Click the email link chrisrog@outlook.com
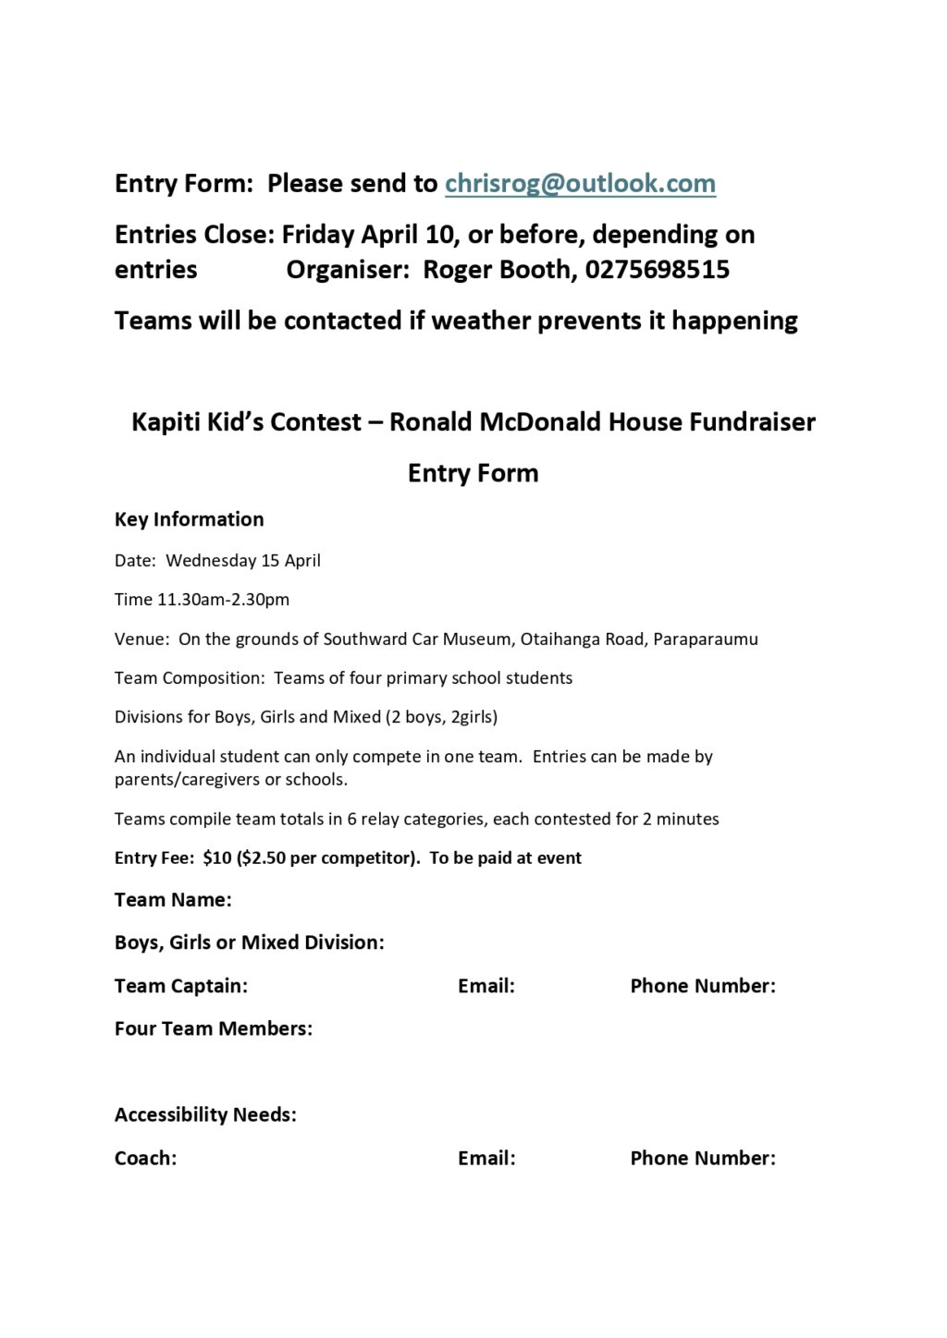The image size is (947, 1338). pos(580,184)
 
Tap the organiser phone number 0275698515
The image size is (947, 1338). pos(658,270)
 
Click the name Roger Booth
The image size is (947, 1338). pos(499,270)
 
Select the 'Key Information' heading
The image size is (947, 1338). pos(189,519)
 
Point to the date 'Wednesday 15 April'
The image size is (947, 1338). pos(243,561)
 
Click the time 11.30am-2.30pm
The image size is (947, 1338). pos(223,600)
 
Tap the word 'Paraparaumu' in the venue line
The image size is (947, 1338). pos(705,639)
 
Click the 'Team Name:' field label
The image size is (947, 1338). pos(173,900)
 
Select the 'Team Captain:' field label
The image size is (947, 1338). pos(181,986)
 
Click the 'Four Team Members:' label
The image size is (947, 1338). pos(214,1028)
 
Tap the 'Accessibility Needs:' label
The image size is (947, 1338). pos(205,1115)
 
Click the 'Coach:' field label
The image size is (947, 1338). pos(145,1159)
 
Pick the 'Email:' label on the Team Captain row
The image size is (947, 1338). pos(486,986)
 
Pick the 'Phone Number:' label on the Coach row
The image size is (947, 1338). pos(703,1159)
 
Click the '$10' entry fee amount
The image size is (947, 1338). pos(217,858)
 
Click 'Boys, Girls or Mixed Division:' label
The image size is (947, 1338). pos(249,943)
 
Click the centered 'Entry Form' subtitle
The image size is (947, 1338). pos(473,473)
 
